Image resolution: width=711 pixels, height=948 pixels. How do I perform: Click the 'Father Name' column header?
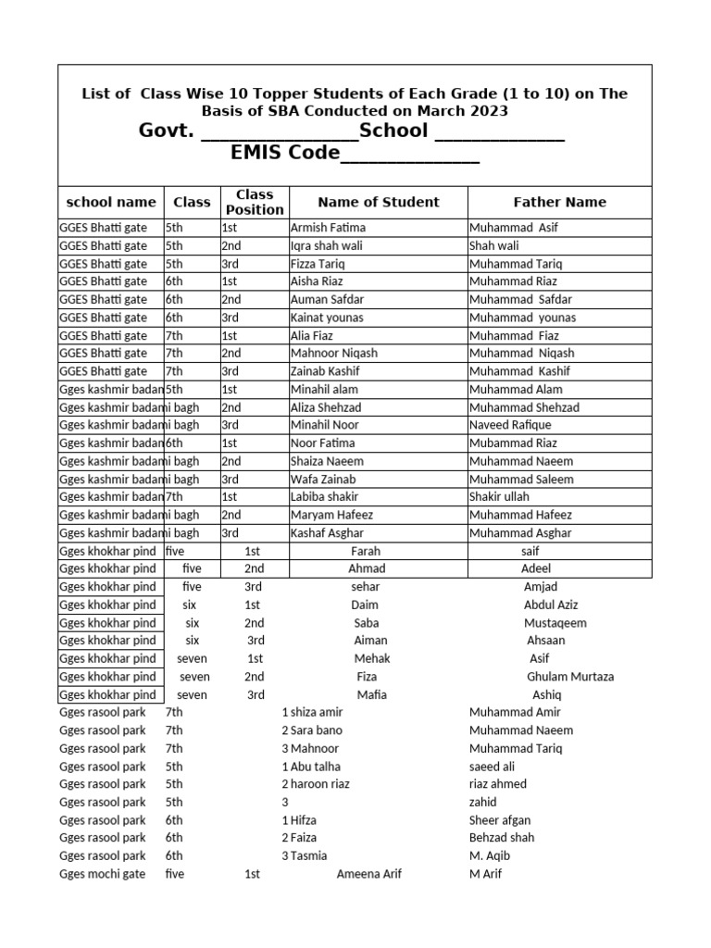(x=559, y=202)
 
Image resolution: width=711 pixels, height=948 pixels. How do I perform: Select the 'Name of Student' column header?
(x=378, y=202)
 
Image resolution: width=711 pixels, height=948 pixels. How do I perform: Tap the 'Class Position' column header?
(x=255, y=202)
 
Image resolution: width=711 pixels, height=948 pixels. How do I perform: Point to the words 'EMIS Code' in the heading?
(x=285, y=153)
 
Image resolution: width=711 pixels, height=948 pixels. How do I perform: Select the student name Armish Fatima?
(x=328, y=228)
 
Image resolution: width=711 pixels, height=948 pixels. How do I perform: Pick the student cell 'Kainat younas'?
(x=327, y=318)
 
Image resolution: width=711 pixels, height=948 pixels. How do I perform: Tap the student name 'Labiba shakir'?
(x=324, y=497)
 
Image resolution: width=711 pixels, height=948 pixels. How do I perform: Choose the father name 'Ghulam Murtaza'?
(x=570, y=677)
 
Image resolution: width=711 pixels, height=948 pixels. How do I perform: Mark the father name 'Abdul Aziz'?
(x=551, y=605)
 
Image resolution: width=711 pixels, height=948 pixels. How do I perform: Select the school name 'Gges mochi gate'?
(x=102, y=874)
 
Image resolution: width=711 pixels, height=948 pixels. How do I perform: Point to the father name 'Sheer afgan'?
(x=500, y=820)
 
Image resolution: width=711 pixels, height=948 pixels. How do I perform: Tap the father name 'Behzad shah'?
(x=502, y=838)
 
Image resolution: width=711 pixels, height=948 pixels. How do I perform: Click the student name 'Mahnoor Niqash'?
(x=334, y=354)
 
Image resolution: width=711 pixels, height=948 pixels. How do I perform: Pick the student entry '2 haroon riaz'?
(x=316, y=784)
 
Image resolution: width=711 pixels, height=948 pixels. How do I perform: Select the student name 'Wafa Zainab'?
(x=323, y=480)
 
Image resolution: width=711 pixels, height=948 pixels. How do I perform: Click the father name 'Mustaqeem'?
(x=555, y=623)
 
